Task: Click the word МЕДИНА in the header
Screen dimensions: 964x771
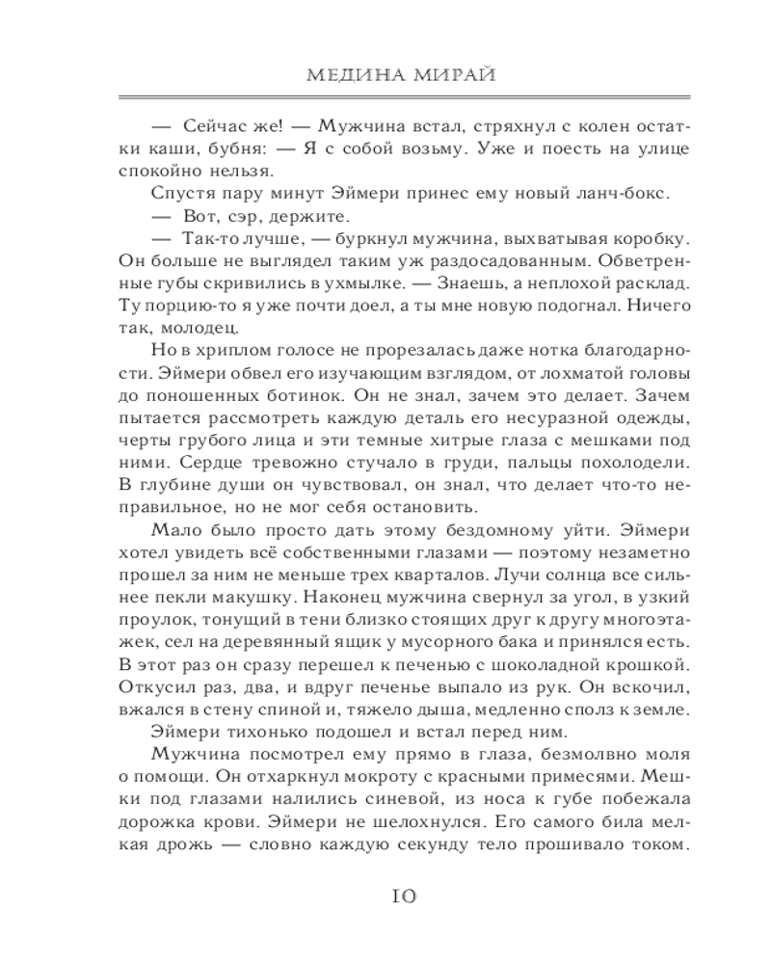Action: [x=332, y=75]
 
